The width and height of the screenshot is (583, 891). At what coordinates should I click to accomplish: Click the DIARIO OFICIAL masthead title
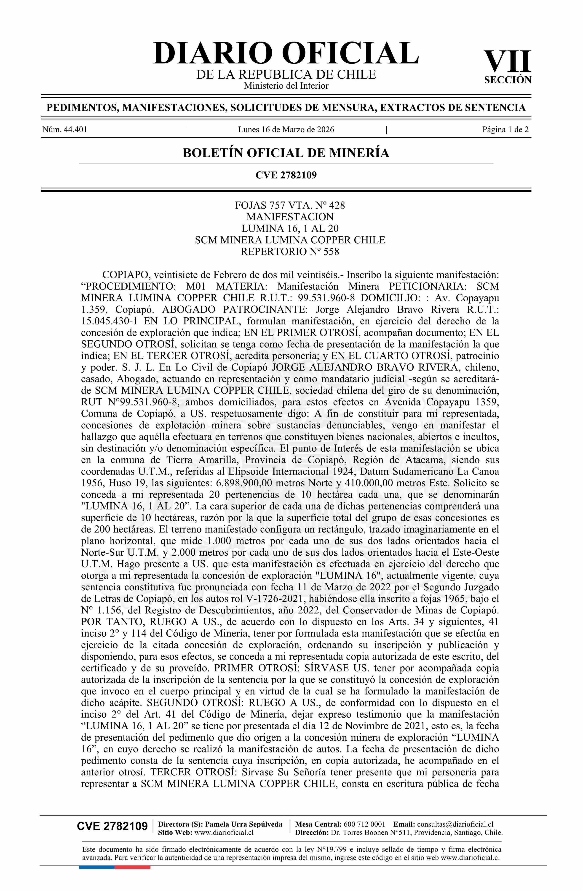286,53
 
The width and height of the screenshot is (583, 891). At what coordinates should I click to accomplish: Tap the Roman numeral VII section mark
507,62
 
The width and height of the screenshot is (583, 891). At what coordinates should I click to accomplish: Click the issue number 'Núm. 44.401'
64,130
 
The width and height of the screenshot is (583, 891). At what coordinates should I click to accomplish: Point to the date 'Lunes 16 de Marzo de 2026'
286,130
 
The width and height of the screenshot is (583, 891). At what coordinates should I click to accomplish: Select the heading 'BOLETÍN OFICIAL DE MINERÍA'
286,153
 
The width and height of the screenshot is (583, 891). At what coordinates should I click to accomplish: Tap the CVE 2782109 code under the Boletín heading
286,175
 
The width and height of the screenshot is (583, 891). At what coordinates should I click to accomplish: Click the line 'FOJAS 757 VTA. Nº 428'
290,206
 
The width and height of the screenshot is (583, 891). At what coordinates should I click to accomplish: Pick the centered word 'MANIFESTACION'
290,217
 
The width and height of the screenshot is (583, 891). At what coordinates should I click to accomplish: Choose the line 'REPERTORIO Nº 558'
290,252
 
